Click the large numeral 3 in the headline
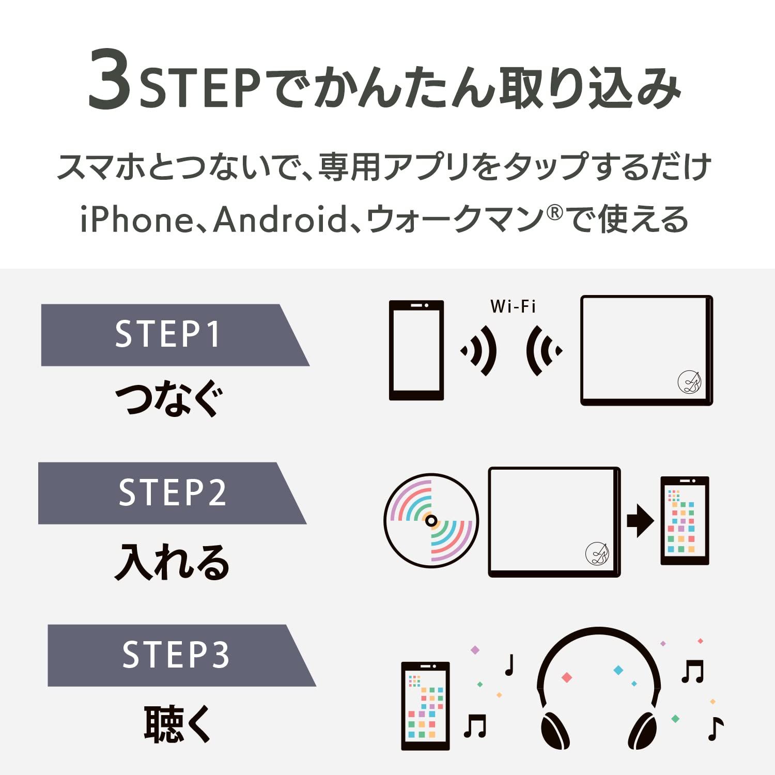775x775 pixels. [110, 81]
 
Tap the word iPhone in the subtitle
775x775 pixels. [136, 219]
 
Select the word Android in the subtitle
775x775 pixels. [280, 219]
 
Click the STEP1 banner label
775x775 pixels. [168, 334]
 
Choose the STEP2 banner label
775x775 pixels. [172, 492]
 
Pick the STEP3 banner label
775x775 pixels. [176, 655]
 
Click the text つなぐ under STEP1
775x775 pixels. [169, 399]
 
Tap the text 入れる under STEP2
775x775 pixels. [172, 562]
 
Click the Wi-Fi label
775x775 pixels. [513, 306]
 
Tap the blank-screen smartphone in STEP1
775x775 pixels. [416, 350]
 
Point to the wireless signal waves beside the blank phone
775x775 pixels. [479, 351]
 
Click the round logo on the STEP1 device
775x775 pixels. [689, 382]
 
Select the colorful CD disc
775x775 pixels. [431, 521]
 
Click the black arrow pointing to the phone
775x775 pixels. [640, 521]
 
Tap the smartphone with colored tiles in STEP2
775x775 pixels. [685, 521]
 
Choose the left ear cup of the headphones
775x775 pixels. [555, 730]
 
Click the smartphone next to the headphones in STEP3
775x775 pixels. [425, 706]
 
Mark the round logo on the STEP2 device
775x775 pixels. [597, 553]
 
